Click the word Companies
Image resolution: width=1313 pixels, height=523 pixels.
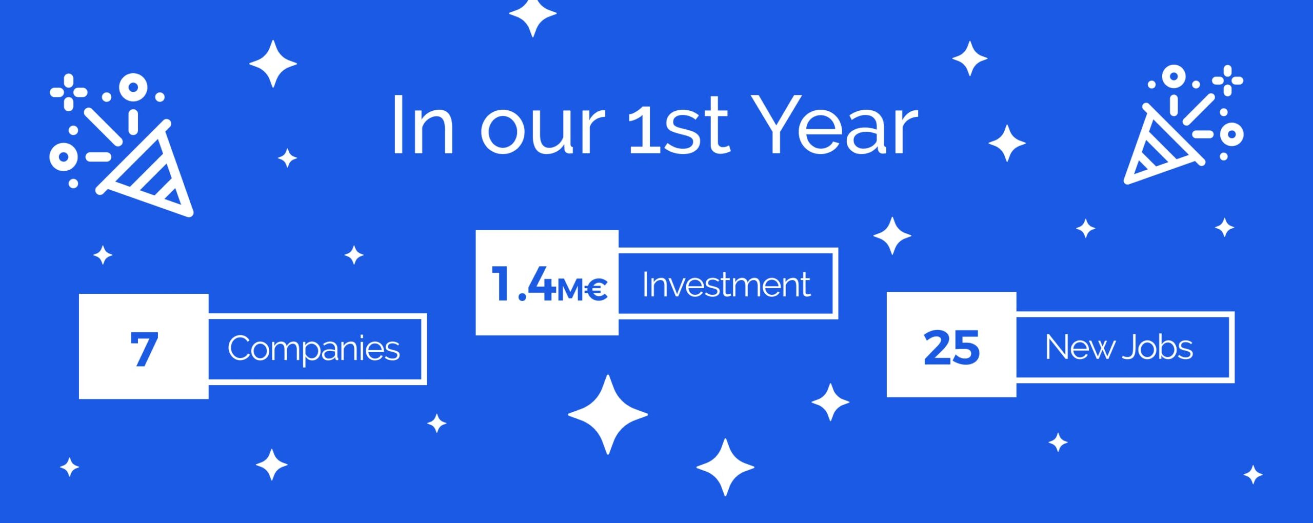[313, 349]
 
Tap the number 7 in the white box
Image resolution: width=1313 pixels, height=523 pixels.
[144, 349]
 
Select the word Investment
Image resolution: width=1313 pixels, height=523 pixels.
[726, 285]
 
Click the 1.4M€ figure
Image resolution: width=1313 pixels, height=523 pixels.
[549, 284]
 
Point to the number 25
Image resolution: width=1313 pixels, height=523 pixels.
[951, 348]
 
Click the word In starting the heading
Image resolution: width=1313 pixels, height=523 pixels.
[423, 126]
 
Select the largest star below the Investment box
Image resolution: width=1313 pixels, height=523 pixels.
[608, 414]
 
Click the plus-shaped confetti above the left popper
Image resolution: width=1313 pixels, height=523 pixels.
[68, 92]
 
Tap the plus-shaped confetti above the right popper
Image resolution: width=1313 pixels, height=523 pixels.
[1228, 81]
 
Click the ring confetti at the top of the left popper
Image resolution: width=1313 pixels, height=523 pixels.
[133, 87]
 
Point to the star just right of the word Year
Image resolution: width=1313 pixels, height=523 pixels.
[1007, 143]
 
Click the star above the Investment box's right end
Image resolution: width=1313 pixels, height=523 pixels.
[892, 236]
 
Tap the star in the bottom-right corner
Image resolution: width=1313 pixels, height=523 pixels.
[1253, 475]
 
